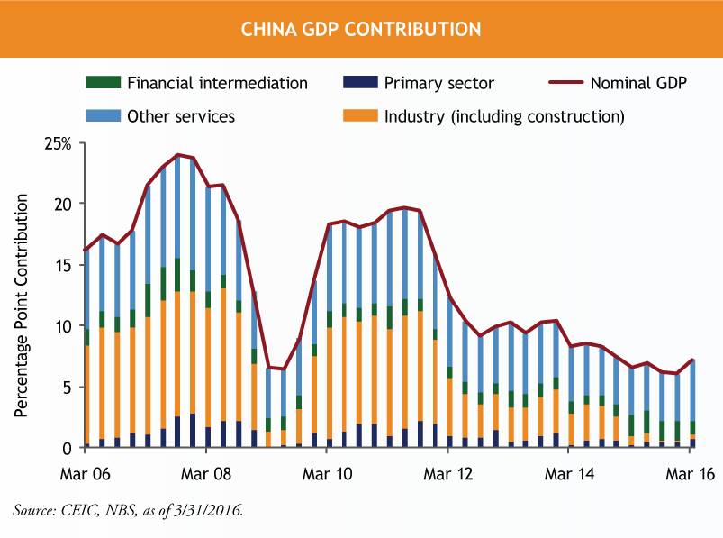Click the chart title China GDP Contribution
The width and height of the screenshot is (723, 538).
tap(360, 29)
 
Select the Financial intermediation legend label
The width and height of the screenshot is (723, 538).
tap(217, 84)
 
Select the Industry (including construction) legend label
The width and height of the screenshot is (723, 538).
tap(503, 116)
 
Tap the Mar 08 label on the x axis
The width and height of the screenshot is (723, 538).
tap(206, 473)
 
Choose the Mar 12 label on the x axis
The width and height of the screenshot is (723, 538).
tap(447, 473)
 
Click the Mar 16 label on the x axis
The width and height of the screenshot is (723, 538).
tap(689, 473)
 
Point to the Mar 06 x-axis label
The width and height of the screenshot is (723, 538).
tap(86, 473)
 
